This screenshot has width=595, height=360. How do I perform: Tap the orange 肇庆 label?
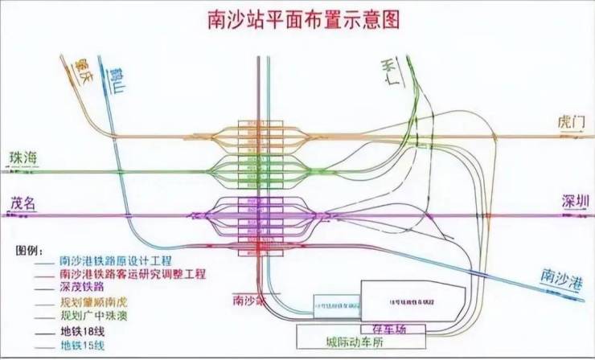tap(81, 73)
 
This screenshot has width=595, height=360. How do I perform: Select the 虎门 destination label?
tap(571, 122)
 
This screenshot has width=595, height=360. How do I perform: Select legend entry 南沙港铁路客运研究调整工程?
tap(133, 276)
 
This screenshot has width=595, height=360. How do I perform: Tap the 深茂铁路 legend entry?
tap(84, 288)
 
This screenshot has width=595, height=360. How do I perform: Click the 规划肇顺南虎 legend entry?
tap(93, 302)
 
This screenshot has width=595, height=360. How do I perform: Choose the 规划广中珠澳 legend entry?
tap(93, 316)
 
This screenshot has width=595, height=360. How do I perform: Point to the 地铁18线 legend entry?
tap(84, 330)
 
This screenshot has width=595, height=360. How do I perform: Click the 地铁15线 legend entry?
tap(84, 346)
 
